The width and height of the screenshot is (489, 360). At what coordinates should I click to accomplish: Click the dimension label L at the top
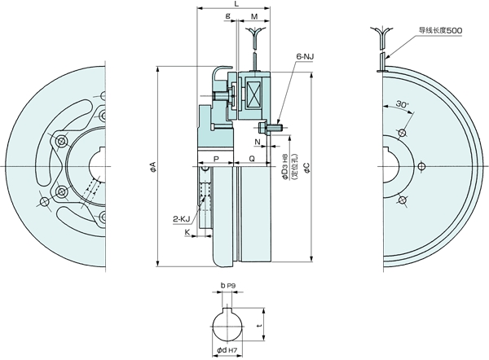tap(236, 5)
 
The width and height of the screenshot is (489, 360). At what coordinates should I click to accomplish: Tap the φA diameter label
tap(153, 169)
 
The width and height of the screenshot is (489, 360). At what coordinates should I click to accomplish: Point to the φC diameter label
tap(306, 169)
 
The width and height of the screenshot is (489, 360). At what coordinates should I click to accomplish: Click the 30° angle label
tap(401, 105)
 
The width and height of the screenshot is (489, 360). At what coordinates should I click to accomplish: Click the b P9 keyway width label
tap(227, 287)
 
